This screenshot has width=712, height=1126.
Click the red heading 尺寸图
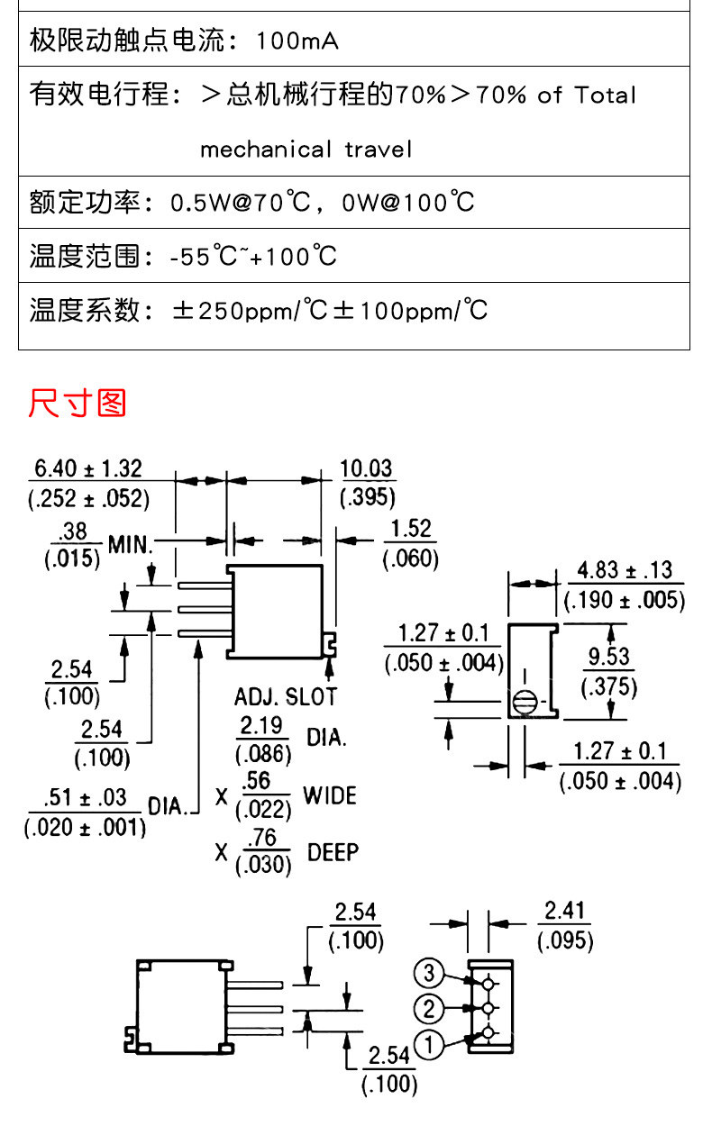(x=77, y=403)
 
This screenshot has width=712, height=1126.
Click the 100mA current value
(x=297, y=41)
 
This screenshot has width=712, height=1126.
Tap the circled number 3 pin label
(x=429, y=973)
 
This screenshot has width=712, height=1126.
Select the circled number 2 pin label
(x=429, y=1008)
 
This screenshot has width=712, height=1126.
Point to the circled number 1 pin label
(x=429, y=1045)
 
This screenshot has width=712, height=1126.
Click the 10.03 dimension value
(x=367, y=468)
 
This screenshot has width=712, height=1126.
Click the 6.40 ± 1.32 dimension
(x=87, y=468)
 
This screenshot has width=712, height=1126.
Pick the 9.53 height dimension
(x=609, y=657)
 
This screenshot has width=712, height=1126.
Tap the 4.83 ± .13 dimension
(x=624, y=570)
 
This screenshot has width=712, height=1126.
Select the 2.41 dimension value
(x=565, y=911)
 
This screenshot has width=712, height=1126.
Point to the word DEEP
(x=333, y=852)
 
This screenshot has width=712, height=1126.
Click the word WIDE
(x=329, y=795)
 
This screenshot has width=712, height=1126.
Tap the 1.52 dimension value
(x=411, y=529)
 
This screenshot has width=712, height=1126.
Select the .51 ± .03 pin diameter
(x=85, y=798)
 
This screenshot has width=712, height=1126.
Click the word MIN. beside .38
(x=132, y=544)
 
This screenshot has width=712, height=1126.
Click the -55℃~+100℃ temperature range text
(x=253, y=257)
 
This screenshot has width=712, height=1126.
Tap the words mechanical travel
(x=306, y=149)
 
